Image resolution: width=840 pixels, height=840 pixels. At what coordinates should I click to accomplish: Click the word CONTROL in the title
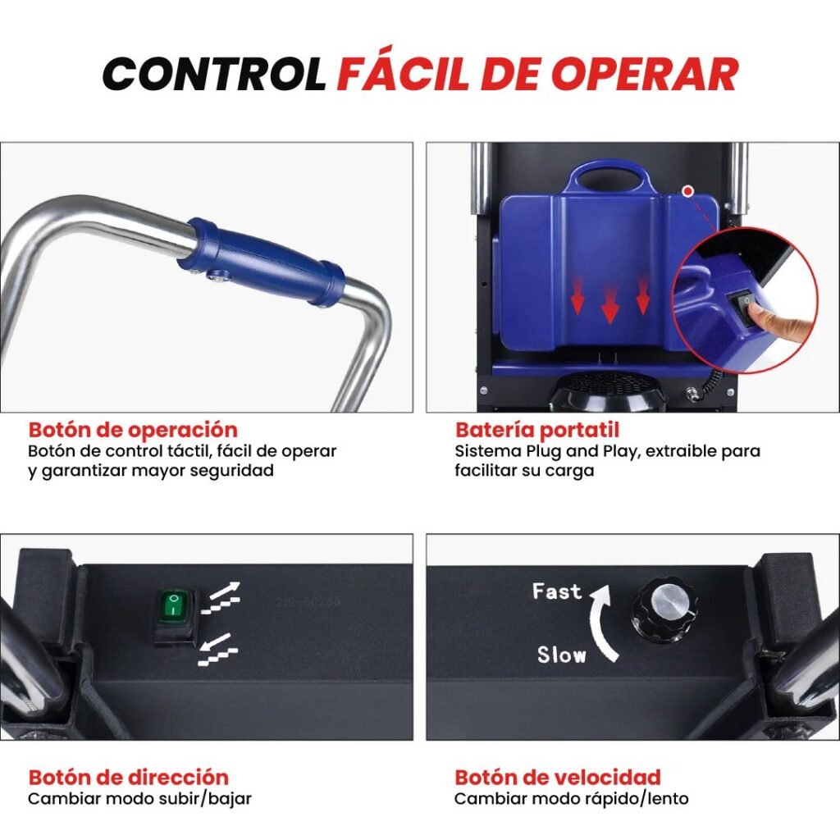coord(214,73)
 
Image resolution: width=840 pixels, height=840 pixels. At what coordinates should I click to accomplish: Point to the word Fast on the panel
coord(557,591)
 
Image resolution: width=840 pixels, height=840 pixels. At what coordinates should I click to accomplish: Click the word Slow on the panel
coord(561,655)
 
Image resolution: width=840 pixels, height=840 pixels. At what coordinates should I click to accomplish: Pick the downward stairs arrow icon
coord(218,650)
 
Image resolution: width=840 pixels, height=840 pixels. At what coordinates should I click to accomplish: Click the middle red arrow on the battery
coord(609,305)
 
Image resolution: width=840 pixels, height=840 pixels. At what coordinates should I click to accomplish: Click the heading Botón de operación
coord(133,430)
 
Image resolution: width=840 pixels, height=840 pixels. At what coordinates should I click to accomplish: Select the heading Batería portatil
coord(536,430)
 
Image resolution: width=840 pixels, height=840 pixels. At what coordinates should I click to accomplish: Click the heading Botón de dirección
coord(129,777)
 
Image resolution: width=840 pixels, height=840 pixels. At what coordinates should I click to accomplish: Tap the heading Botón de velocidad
coord(558,777)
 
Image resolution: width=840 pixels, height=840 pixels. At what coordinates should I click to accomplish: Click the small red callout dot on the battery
coord(688,190)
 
